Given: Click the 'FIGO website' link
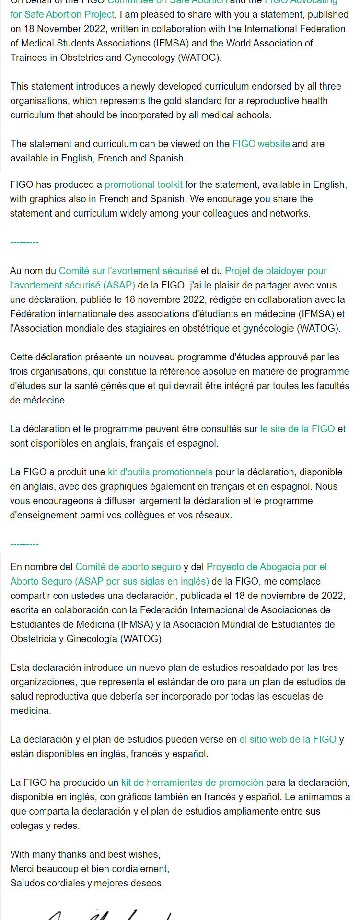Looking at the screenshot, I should [x=261, y=144].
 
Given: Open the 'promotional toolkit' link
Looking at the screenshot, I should [x=143, y=184].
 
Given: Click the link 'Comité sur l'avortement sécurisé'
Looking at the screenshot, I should [x=128, y=271].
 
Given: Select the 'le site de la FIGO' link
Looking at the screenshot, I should [x=297, y=429].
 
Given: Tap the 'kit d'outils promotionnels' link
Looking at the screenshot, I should [x=160, y=472].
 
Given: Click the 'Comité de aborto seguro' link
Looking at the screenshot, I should [x=128, y=567].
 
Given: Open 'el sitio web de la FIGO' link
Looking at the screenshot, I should [x=288, y=739].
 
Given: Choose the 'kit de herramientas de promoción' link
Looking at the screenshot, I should [x=192, y=782].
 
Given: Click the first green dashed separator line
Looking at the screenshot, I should [x=24, y=242].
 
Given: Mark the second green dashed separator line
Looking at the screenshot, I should [x=24, y=544].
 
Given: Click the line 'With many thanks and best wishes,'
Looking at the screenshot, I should [x=85, y=854].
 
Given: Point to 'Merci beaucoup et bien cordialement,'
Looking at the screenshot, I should [x=90, y=869].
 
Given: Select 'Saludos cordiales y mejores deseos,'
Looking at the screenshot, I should [x=87, y=883].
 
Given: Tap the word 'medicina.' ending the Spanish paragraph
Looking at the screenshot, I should [x=30, y=711].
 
